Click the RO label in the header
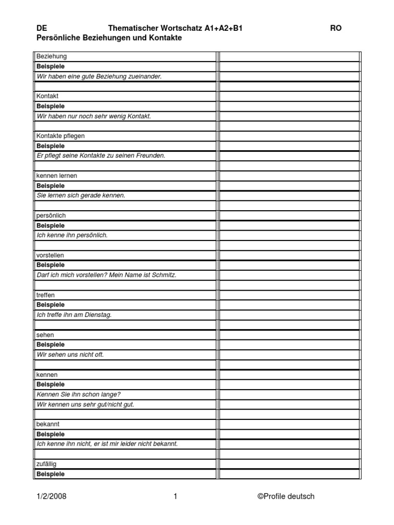point(336,29)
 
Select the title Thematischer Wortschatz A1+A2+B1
point(175,29)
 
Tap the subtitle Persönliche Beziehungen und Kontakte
point(109,38)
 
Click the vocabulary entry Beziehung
point(51,56)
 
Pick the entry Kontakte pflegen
point(61,136)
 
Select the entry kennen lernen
point(56,176)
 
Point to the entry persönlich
point(51,215)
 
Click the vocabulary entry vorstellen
point(50,255)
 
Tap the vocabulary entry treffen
point(46,295)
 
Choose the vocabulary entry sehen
point(45,335)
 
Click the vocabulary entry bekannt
point(48,425)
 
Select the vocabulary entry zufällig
point(47,464)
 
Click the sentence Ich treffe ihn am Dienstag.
point(74,315)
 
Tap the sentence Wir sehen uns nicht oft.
point(70,355)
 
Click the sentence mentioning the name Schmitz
point(106,275)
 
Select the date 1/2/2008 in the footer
point(51,496)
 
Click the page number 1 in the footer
point(175,496)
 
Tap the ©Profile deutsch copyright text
point(286,496)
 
